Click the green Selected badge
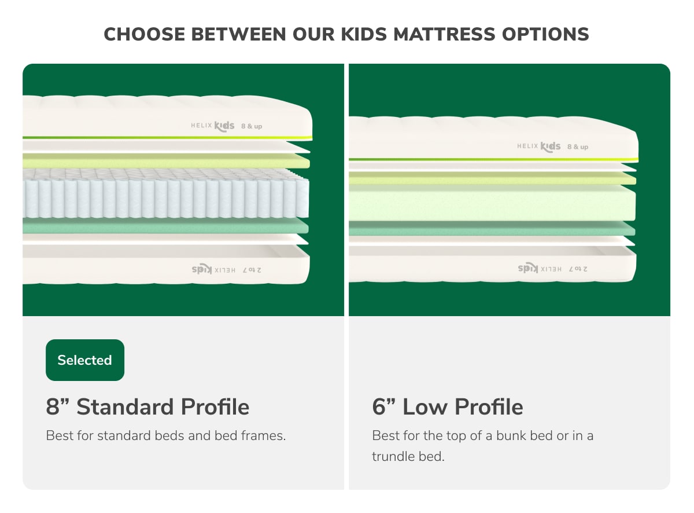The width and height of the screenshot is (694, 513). [x=84, y=360]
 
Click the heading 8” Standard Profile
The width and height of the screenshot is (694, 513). [x=147, y=406]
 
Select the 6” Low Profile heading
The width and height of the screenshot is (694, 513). [x=447, y=406]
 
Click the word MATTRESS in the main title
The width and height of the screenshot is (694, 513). [x=442, y=34]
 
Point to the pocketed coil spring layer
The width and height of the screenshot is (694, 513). [x=165, y=197]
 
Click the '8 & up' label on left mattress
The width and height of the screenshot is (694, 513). [x=252, y=126]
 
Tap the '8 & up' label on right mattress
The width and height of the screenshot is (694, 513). [x=578, y=146]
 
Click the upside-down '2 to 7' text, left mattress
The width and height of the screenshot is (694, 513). [x=252, y=269]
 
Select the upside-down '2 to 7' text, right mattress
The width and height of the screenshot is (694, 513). [x=578, y=269]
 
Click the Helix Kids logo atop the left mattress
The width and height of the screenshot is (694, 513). [x=213, y=125]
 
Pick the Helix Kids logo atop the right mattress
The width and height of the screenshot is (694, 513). [x=539, y=146]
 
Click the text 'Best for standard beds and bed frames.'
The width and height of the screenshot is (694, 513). [x=166, y=435]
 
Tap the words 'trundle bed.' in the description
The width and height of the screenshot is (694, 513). [x=408, y=456]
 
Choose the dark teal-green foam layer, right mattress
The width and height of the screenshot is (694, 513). [x=492, y=229]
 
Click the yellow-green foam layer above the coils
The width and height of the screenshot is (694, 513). [x=165, y=160]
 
